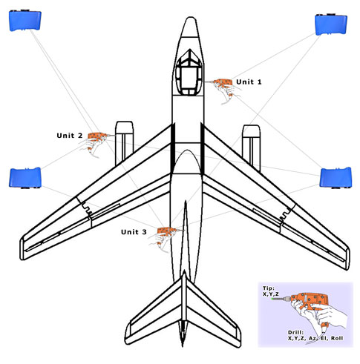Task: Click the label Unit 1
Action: (x=249, y=82)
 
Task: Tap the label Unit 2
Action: (x=69, y=136)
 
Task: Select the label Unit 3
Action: (x=134, y=232)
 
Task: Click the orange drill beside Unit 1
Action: (x=223, y=83)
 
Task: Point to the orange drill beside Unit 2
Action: (x=98, y=136)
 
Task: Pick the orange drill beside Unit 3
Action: (x=167, y=231)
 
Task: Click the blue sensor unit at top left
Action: (x=25, y=20)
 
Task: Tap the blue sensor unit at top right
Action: (x=331, y=24)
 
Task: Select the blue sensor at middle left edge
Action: (x=25, y=178)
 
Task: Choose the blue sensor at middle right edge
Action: (x=336, y=178)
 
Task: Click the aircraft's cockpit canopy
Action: (x=189, y=73)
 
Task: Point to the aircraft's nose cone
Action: (x=190, y=27)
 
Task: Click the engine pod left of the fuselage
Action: (x=125, y=143)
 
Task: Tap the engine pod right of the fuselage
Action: (x=252, y=148)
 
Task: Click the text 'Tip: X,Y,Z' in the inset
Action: (x=271, y=291)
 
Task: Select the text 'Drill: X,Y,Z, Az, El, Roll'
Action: (x=315, y=335)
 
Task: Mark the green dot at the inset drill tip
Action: (x=272, y=299)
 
